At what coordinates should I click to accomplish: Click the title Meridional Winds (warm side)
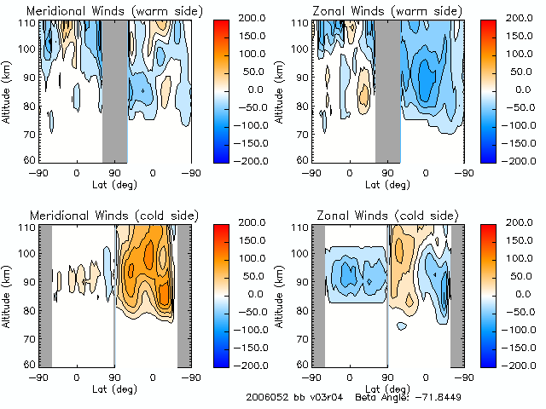click(x=102, y=11)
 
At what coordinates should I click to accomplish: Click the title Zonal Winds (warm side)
click(x=376, y=11)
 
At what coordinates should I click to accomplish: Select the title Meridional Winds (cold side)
click(x=102, y=214)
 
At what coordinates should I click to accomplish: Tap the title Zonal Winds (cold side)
click(x=376, y=214)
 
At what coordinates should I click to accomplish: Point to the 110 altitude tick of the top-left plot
click(x=28, y=23)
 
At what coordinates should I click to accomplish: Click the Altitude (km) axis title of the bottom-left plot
click(x=9, y=294)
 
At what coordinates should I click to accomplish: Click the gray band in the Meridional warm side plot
click(x=115, y=89)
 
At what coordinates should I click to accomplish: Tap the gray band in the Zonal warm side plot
click(x=388, y=89)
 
